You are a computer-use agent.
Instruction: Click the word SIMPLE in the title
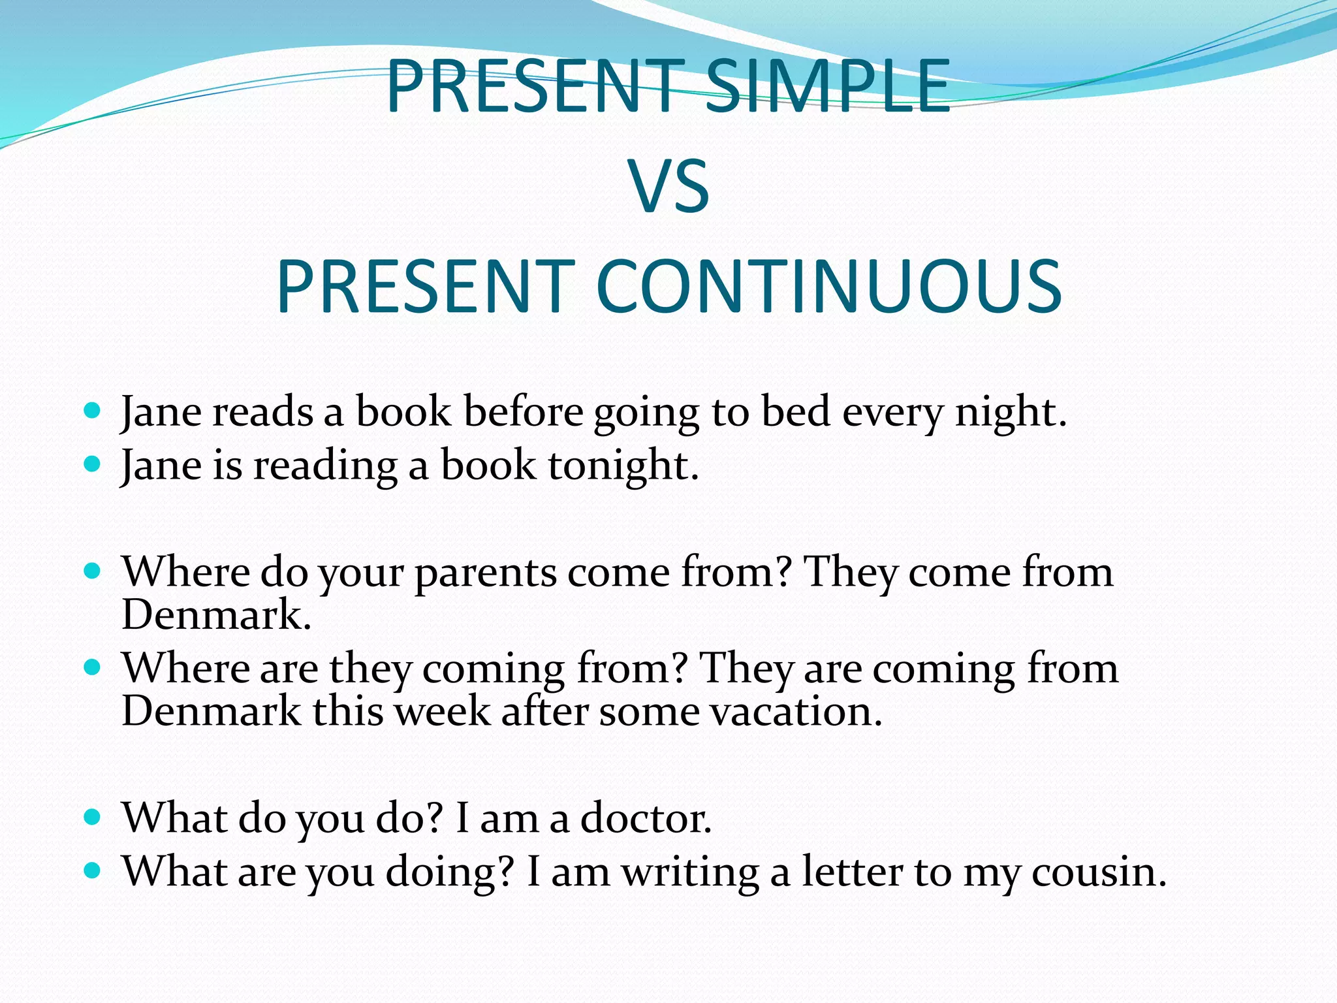827,87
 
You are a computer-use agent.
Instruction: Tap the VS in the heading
668,187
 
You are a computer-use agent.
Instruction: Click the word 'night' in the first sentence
1005,413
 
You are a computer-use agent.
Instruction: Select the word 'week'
443,712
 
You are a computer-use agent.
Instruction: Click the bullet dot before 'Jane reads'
93,411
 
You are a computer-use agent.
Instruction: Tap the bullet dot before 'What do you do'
93,816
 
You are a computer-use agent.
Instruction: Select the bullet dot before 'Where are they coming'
93,667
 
